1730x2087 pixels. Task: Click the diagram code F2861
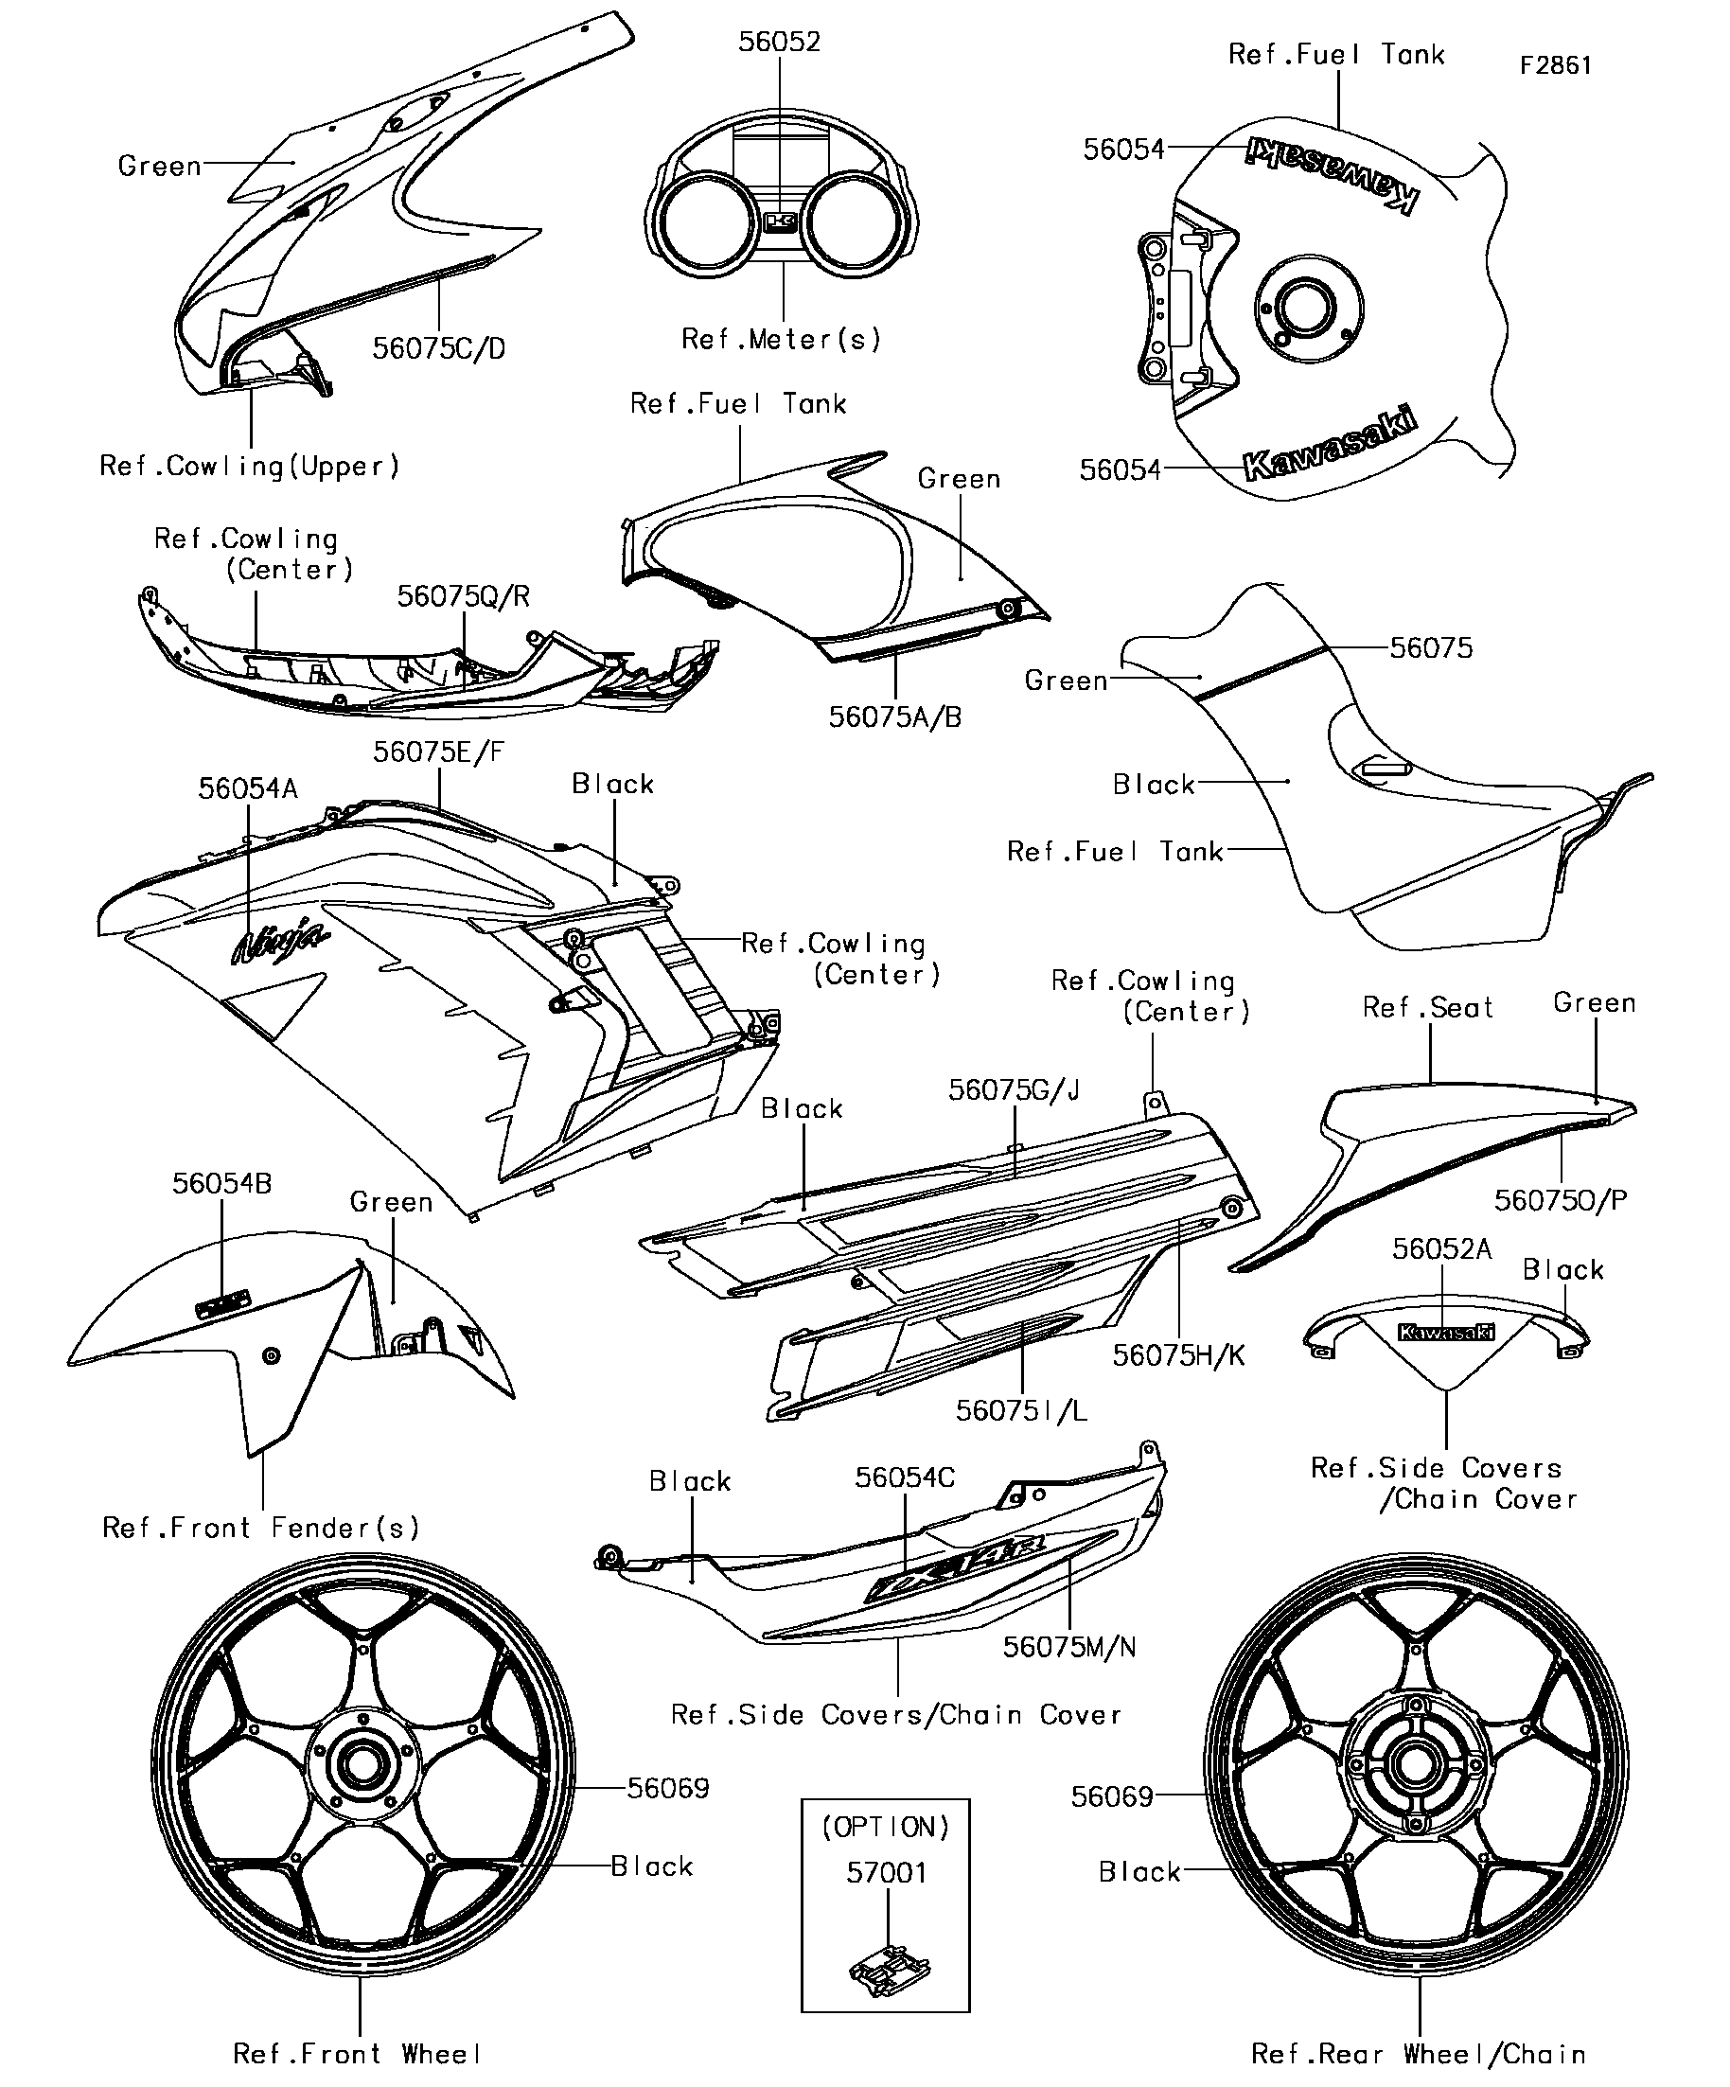click(x=1556, y=65)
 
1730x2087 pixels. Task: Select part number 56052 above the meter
click(x=779, y=42)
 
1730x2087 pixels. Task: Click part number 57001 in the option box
click(x=887, y=1872)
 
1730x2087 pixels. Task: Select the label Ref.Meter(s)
click(x=781, y=340)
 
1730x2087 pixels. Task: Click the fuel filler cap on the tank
click(x=1305, y=309)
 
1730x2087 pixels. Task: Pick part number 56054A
click(x=247, y=789)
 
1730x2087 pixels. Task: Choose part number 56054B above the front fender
click(x=221, y=1184)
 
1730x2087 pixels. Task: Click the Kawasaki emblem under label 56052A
click(x=1446, y=1333)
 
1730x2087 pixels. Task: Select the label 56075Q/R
click(x=463, y=596)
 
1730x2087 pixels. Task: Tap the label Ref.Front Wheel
click(x=357, y=2053)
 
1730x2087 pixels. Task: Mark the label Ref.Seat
click(x=1428, y=1008)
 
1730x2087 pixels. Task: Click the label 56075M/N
click(x=1069, y=1647)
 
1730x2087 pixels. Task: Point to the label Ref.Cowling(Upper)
click(x=250, y=466)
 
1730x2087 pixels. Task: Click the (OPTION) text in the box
click(x=886, y=1827)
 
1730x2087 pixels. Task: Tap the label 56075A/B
click(x=895, y=717)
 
